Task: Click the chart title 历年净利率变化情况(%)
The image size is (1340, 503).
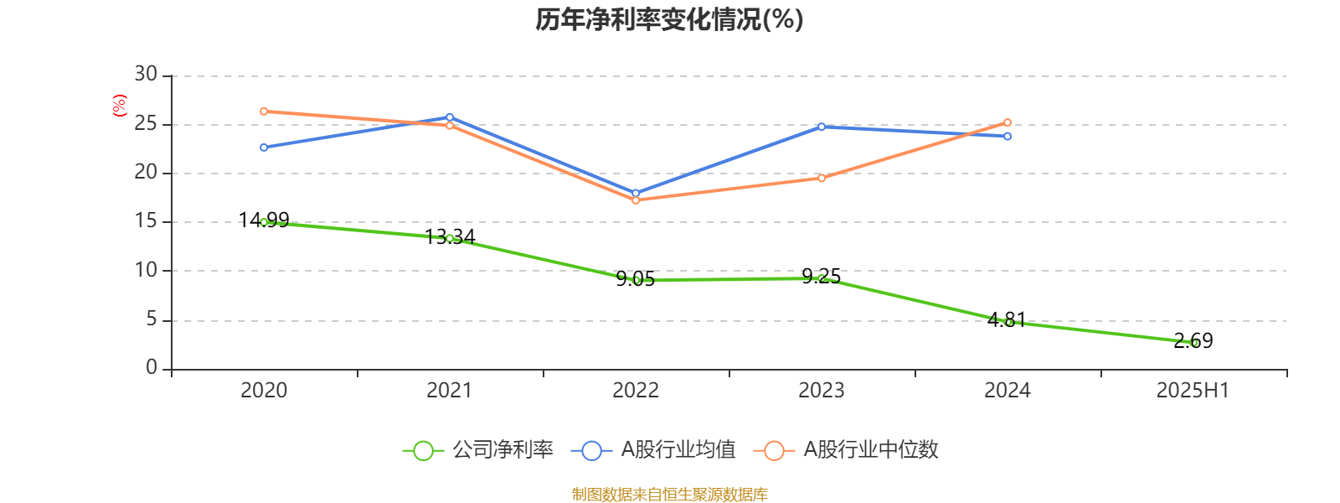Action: click(x=669, y=19)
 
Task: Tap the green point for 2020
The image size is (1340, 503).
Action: click(x=264, y=222)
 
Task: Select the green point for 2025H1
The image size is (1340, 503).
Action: click(x=1193, y=343)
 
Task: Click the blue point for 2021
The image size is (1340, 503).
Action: click(x=450, y=117)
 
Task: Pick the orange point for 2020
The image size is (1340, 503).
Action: click(x=264, y=111)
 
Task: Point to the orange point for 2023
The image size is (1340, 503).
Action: click(x=822, y=178)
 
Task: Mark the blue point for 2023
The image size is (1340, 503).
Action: click(x=822, y=127)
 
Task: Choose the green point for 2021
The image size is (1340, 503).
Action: click(x=450, y=238)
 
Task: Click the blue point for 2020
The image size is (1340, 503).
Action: click(x=264, y=148)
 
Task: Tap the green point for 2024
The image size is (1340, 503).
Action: click(x=1008, y=322)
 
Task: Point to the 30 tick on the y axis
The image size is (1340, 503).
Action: click(x=146, y=75)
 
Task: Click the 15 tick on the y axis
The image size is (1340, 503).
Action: click(x=146, y=221)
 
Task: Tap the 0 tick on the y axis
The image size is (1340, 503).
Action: click(x=152, y=367)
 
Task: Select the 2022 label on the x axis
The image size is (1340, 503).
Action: click(x=636, y=391)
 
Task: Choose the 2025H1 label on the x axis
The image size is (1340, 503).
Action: click(x=1193, y=391)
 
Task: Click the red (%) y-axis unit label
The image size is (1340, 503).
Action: click(x=119, y=106)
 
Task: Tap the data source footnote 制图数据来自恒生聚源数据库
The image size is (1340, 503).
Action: click(x=669, y=494)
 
